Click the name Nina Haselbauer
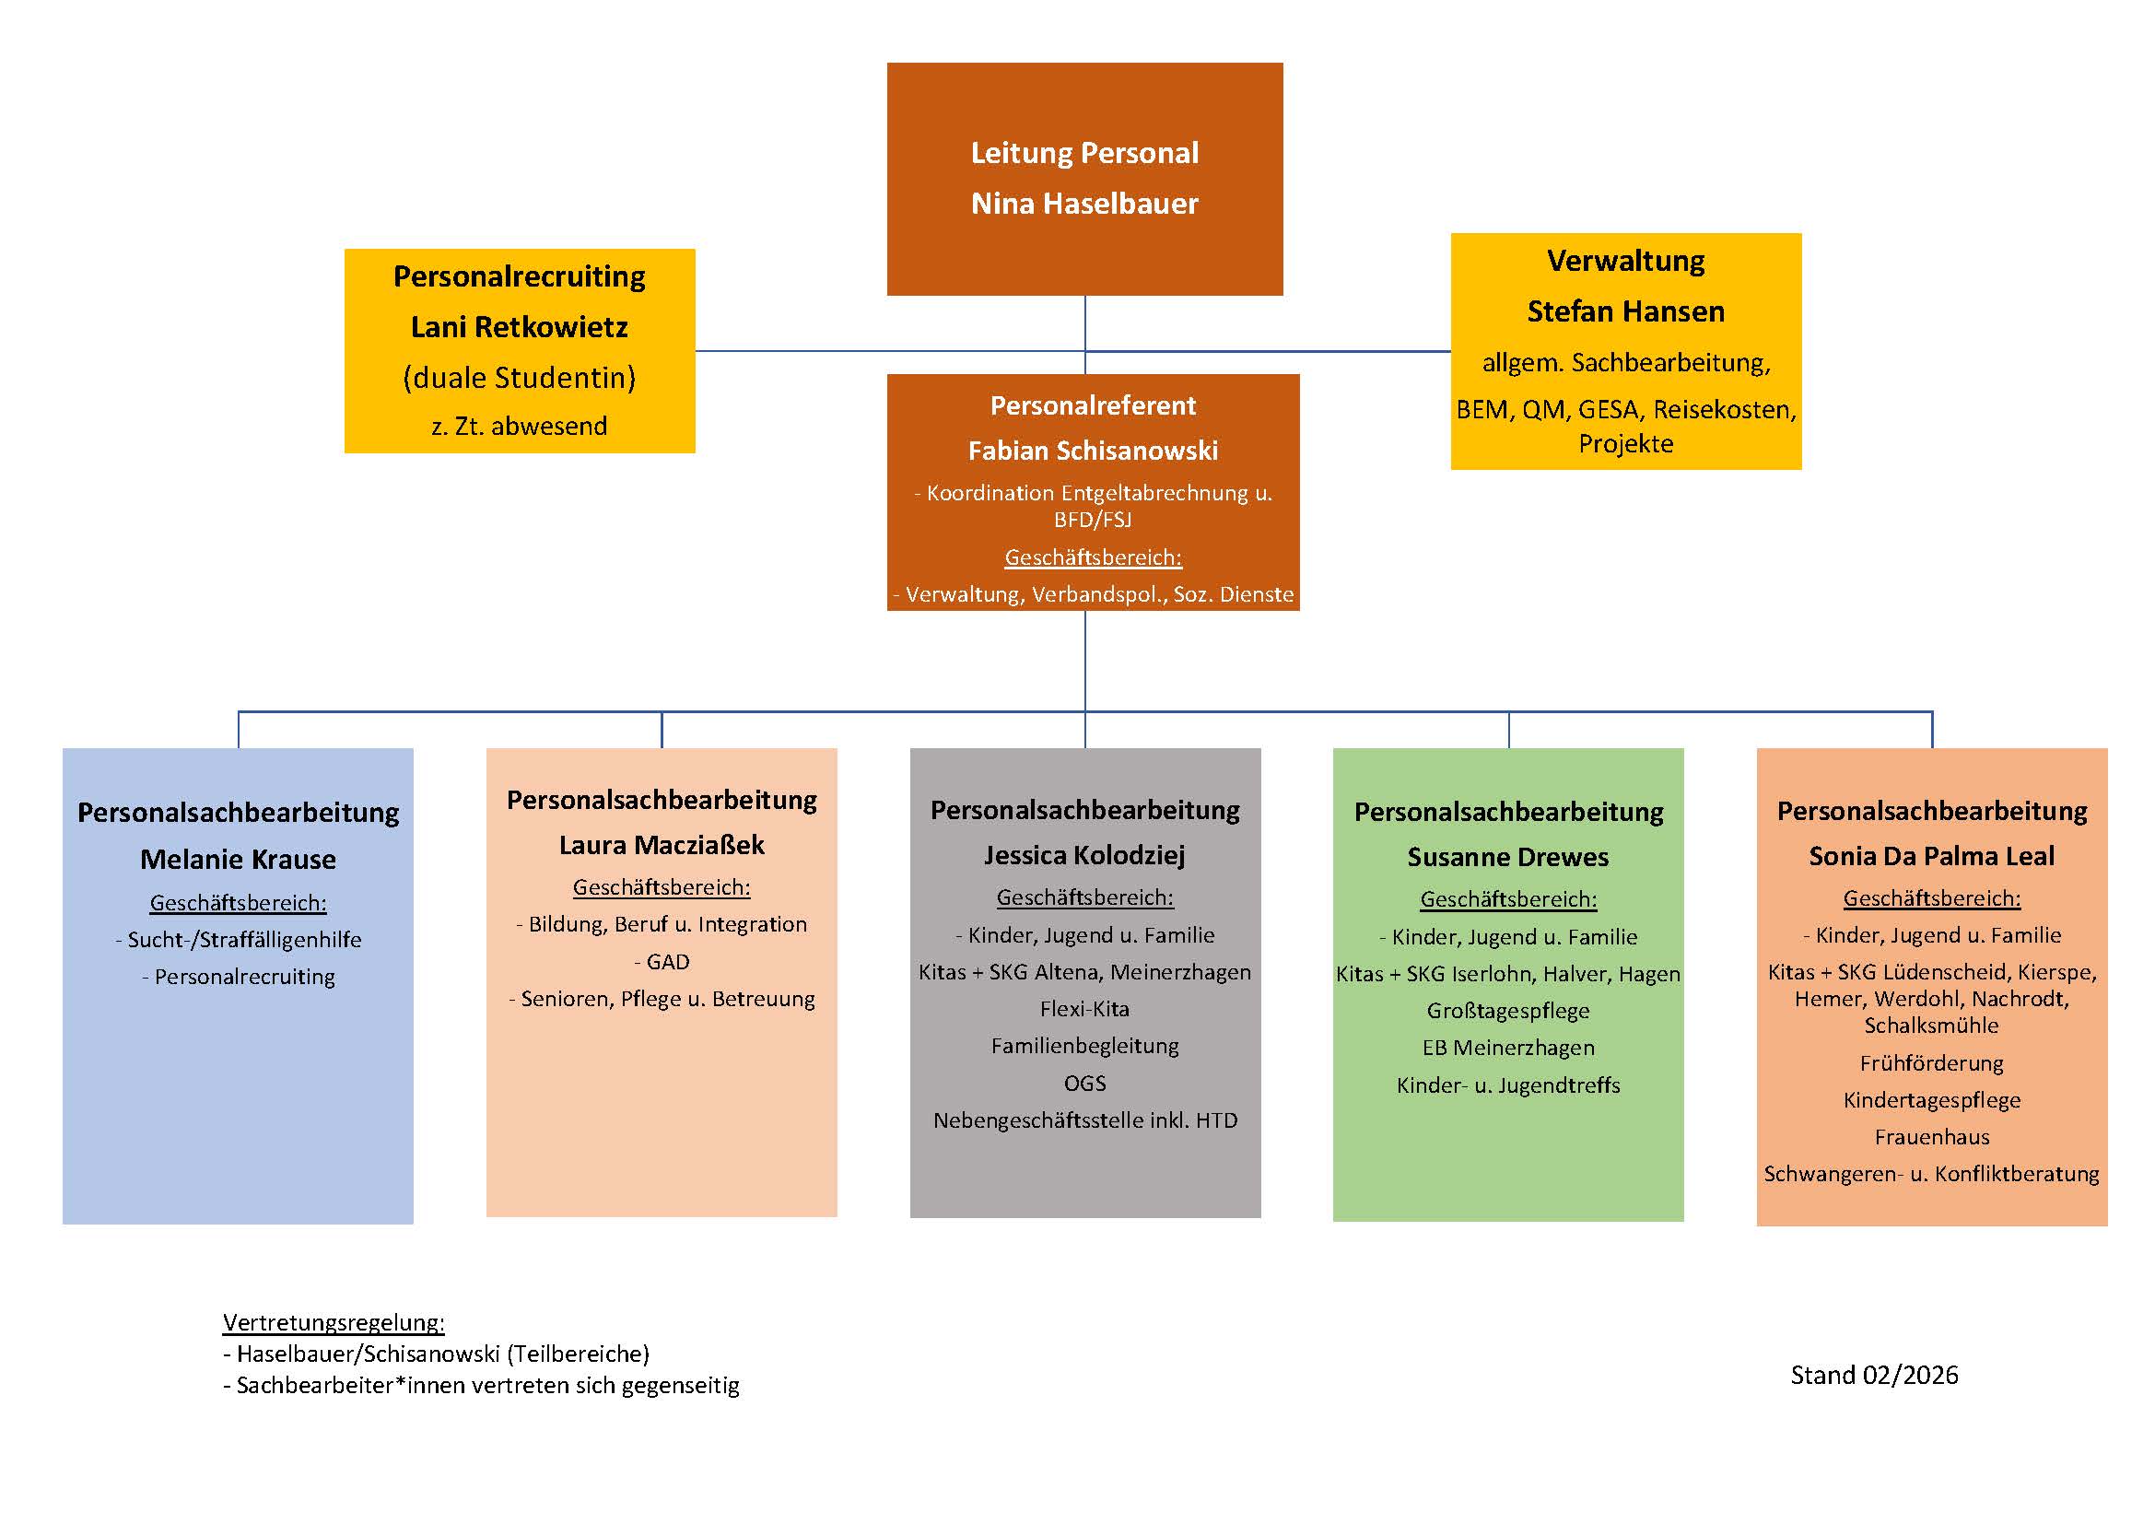[x=1084, y=204]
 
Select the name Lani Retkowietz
[x=519, y=326]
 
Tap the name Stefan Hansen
[x=1625, y=311]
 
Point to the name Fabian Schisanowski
[x=1093, y=451]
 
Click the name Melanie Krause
[x=238, y=859]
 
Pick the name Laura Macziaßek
[x=662, y=845]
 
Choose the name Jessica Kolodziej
[x=1084, y=855]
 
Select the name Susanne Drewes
[x=1507, y=857]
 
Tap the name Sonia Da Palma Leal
[x=1932, y=856]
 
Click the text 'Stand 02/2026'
[x=1873, y=1375]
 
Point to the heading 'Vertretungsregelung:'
[x=334, y=1322]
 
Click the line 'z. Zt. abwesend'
[x=519, y=426]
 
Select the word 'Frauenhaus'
[x=1932, y=1136]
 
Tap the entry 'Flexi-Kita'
[x=1084, y=1009]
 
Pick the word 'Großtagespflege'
[x=1507, y=1011]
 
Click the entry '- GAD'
[x=662, y=962]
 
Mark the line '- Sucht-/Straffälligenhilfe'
[x=238, y=939]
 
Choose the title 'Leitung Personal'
[x=1084, y=153]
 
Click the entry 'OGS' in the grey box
[x=1084, y=1083]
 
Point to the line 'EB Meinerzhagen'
[x=1507, y=1048]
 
